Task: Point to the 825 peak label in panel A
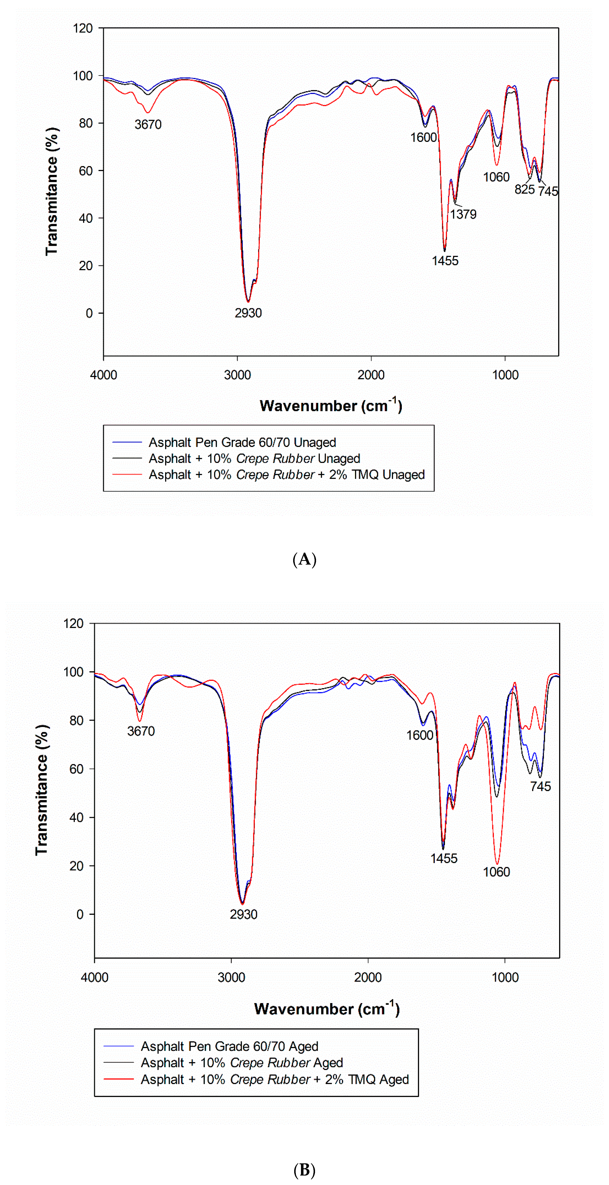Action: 524,190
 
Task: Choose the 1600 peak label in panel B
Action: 419,735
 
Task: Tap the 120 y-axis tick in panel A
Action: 83,28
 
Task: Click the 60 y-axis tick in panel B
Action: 76,769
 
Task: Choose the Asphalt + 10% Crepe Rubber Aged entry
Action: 242,1063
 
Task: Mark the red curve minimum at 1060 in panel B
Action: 497,864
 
